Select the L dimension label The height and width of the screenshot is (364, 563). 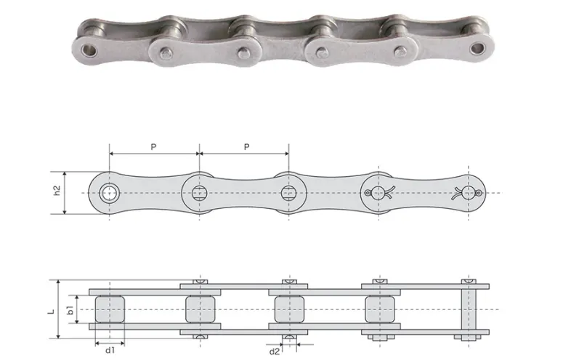tap(51, 309)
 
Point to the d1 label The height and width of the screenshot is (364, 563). tap(109, 349)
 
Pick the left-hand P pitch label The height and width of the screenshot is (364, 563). tap(153, 147)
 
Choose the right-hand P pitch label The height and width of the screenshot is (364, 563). tap(246, 147)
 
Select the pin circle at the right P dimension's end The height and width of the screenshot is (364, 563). tap(288, 193)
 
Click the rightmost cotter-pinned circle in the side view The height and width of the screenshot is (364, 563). tap(469, 193)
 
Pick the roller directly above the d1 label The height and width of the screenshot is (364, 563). tap(109, 309)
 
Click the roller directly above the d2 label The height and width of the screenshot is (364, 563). tap(288, 309)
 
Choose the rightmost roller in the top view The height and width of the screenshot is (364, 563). tap(378, 309)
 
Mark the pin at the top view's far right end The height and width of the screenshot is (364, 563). tap(469, 309)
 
